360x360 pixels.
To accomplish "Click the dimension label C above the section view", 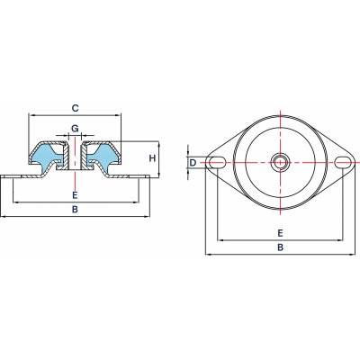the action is coord(75,108).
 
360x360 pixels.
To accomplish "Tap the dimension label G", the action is coord(75,129).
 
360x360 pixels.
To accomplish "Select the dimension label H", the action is coord(152,158).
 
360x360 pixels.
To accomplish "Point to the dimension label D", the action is coord(193,163).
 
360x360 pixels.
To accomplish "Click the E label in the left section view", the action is coord(75,195).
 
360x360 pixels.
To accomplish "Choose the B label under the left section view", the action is coord(75,209).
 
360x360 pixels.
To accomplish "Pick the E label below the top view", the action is coord(280,233).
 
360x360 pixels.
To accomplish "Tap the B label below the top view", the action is coord(280,247).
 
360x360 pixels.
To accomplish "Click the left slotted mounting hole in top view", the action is coord(217,162).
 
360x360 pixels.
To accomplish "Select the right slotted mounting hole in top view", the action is coord(343,162).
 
